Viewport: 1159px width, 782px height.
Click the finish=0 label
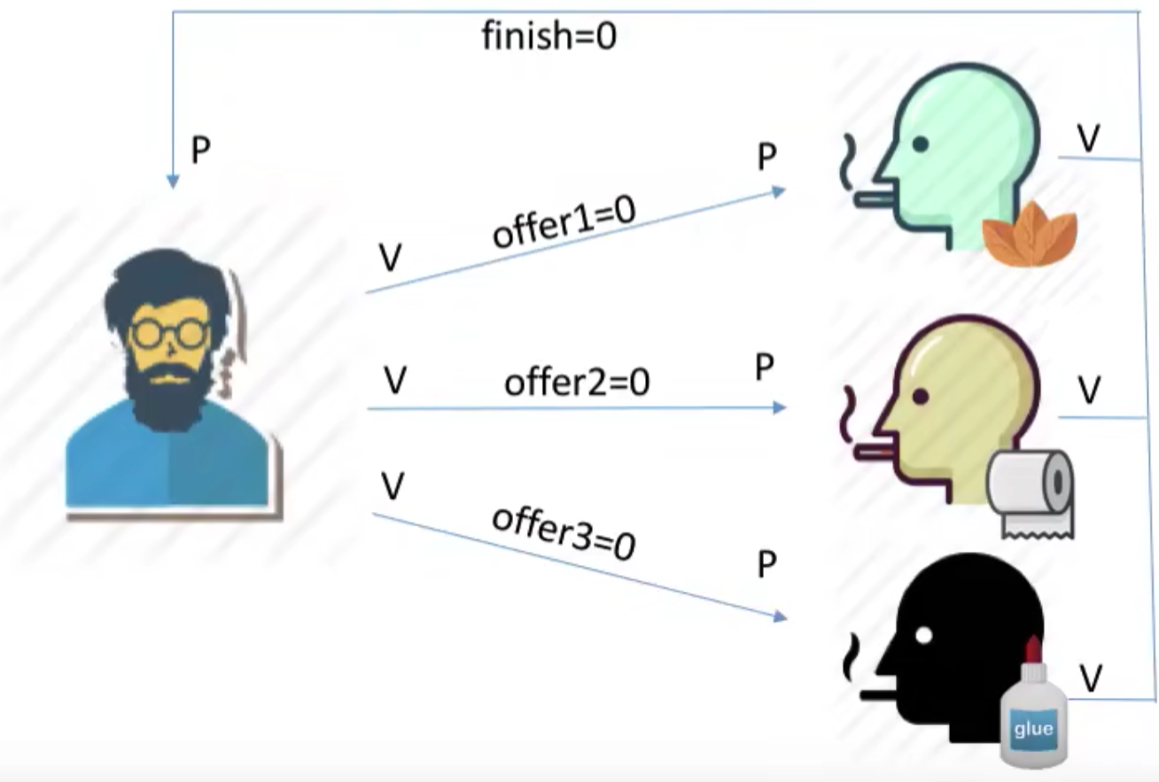(549, 36)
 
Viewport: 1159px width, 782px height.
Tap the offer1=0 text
(564, 222)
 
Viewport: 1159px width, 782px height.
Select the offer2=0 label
(577, 383)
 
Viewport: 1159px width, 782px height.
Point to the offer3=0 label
(564, 534)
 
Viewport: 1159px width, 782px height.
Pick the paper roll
(1031, 494)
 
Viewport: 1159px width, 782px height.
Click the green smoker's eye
(921, 144)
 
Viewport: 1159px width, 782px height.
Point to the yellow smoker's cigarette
(874, 453)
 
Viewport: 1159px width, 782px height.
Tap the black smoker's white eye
(923, 635)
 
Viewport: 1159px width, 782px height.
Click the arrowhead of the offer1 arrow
(779, 192)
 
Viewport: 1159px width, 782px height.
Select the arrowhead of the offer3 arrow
(781, 616)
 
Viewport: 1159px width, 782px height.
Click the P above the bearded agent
(201, 150)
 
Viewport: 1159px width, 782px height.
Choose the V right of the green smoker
(1088, 138)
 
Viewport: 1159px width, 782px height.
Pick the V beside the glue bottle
(1091, 678)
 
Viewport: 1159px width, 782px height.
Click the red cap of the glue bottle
(1033, 649)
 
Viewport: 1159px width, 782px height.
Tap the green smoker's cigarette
(874, 199)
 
